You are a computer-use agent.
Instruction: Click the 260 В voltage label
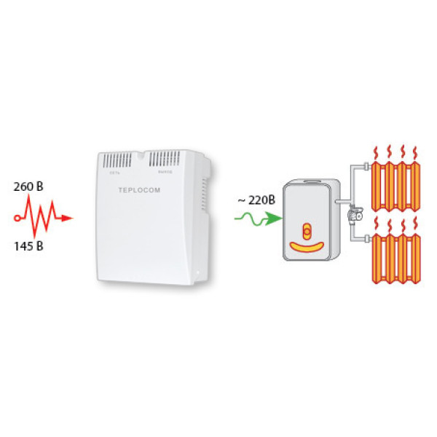tap(28, 186)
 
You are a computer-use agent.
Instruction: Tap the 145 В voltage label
tap(28, 245)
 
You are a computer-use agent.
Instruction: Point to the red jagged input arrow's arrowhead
tap(66, 217)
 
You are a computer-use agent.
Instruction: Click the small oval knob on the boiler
tap(307, 232)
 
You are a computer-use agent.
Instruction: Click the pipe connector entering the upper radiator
tap(364, 167)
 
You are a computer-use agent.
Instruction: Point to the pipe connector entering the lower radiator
tap(364, 238)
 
